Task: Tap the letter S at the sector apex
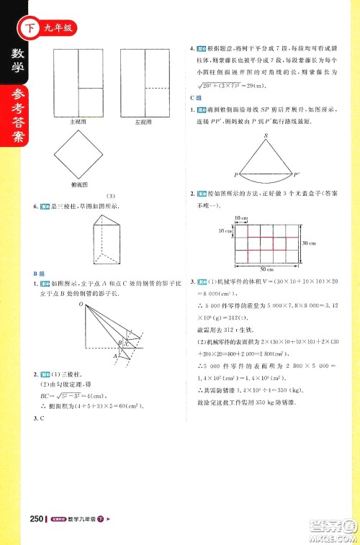tap(266, 135)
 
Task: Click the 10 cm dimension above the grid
tap(240, 217)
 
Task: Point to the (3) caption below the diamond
tap(111, 196)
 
